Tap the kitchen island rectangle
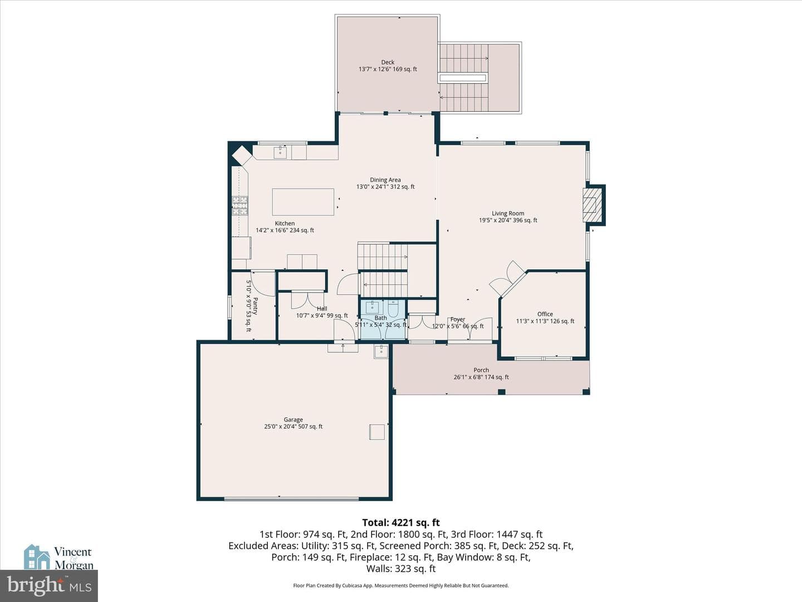(x=303, y=202)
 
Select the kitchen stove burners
(x=240, y=206)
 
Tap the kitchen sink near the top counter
(x=280, y=152)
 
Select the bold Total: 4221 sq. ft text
(x=401, y=522)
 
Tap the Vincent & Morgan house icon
(x=37, y=557)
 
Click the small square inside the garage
(x=377, y=431)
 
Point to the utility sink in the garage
(x=381, y=351)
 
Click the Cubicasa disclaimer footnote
(x=401, y=585)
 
